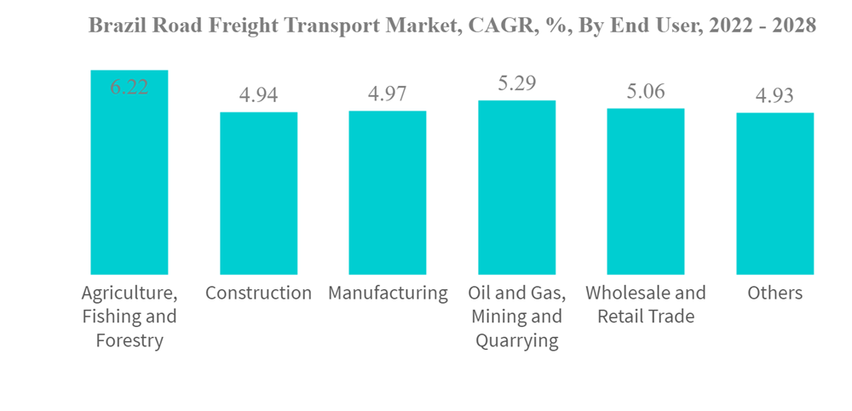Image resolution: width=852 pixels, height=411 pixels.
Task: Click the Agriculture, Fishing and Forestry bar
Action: tap(130, 179)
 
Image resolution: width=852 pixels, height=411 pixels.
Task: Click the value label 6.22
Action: tap(130, 86)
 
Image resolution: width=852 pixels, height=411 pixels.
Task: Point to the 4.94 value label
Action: tap(259, 94)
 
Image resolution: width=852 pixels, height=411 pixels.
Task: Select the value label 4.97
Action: tap(388, 94)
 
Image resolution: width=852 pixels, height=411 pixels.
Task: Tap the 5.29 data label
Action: tap(516, 83)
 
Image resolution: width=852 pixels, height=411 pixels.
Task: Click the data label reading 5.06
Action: tap(646, 91)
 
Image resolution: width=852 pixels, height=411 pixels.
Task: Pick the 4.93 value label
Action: tap(774, 95)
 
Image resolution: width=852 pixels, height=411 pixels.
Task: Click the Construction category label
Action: tap(259, 294)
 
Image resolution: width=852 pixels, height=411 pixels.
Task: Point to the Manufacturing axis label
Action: tap(388, 294)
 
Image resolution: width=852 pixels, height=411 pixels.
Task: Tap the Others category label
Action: tap(774, 294)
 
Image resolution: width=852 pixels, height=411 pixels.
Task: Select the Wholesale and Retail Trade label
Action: tap(646, 305)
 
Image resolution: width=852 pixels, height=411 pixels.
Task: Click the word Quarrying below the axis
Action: tap(516, 341)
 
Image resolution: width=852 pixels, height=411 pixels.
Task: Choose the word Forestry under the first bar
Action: tap(130, 341)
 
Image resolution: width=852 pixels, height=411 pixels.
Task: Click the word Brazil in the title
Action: tap(115, 26)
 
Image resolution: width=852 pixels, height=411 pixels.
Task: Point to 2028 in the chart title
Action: tap(792, 26)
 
